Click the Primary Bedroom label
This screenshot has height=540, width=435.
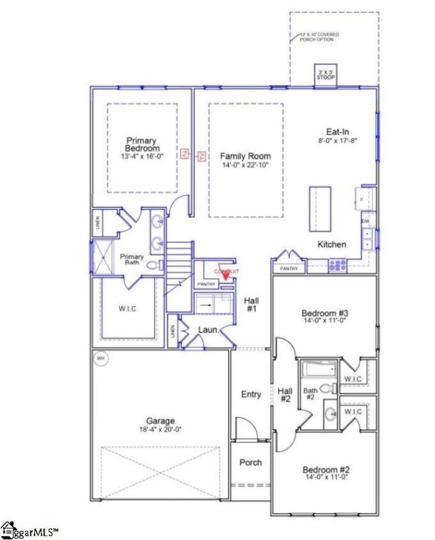(x=142, y=144)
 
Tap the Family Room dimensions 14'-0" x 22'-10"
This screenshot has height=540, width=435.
(x=245, y=165)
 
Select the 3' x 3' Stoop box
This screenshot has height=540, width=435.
(x=326, y=75)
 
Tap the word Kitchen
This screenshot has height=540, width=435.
(x=332, y=244)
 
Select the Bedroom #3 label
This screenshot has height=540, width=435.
(x=324, y=314)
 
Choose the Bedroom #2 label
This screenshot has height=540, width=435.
(x=326, y=470)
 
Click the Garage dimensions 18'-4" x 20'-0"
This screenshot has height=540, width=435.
(x=160, y=428)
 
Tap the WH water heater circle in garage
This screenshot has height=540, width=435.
(x=101, y=357)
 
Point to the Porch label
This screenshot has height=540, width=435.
(x=251, y=462)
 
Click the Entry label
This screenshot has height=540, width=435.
(x=251, y=394)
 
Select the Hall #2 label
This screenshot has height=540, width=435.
(x=284, y=394)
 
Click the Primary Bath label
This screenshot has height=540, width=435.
(x=132, y=261)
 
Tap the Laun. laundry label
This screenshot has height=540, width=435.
(x=207, y=330)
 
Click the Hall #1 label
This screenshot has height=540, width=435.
(x=252, y=304)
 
